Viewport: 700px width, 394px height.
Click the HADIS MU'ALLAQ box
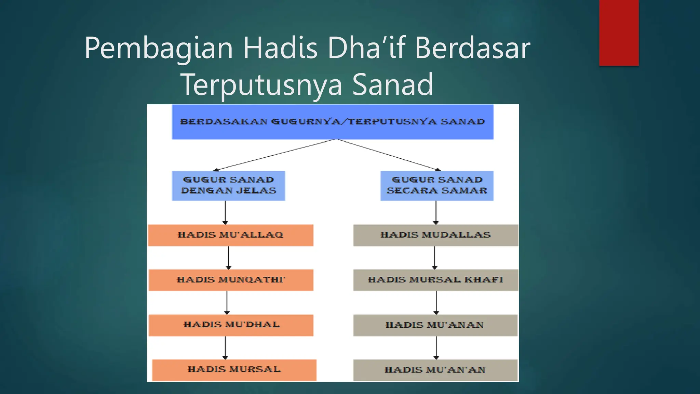point(230,235)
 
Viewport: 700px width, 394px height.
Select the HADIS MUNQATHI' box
point(231,280)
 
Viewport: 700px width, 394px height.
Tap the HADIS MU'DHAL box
point(231,325)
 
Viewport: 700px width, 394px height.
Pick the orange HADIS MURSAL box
point(234,370)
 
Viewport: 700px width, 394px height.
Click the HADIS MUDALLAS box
point(435,235)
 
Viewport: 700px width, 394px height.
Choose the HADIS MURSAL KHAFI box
point(435,280)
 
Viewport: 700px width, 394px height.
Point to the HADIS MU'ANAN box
point(435,325)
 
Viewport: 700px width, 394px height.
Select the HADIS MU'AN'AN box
point(435,370)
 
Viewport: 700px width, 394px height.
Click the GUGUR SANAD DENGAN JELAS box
point(228,185)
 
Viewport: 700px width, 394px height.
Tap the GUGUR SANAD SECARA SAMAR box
point(437,185)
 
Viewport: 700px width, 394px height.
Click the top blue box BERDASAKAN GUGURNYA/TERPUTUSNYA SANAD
point(333,122)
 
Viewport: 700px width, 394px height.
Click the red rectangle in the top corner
point(619,32)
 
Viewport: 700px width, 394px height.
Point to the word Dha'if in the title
point(366,48)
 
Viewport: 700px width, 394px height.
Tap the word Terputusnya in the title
point(261,84)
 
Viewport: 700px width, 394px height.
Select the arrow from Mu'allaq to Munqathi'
point(229,258)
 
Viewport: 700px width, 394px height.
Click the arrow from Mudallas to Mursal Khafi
point(435,258)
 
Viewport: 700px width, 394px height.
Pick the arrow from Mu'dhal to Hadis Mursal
point(225,347)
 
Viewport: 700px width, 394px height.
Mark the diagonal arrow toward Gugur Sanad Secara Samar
point(388,154)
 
